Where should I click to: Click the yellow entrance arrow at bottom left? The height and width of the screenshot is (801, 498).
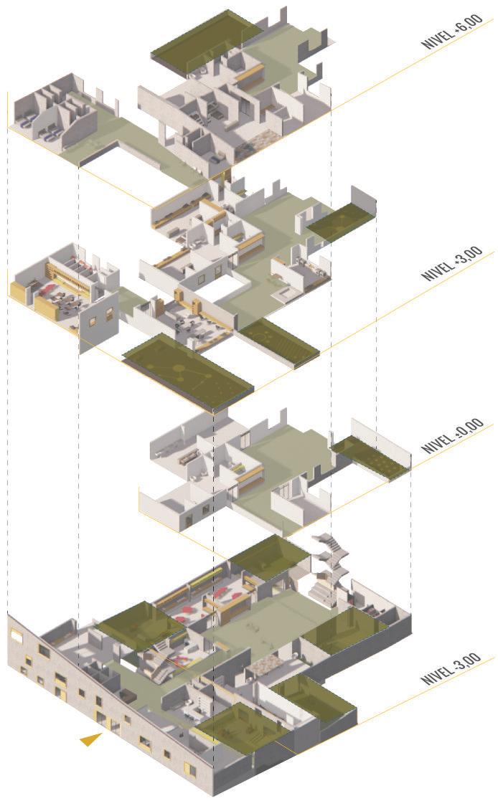tap(90, 739)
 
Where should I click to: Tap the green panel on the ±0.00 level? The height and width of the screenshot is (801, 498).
tap(370, 458)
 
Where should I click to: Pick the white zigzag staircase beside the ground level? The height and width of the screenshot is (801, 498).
tap(330, 567)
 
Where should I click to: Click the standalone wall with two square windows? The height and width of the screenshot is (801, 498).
tap(98, 320)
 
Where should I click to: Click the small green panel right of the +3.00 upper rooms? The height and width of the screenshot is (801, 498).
tap(342, 222)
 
